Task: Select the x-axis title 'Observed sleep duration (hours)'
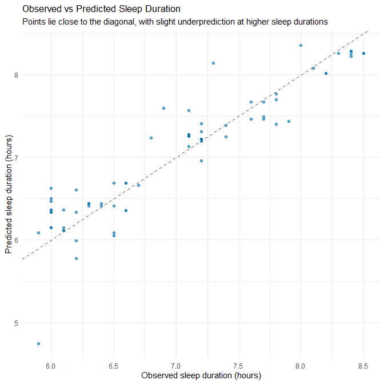coord(201,375)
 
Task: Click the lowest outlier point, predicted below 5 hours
coord(38,343)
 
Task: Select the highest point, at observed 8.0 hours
coord(301,45)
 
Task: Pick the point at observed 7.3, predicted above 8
coord(213,63)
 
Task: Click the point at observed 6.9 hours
coord(163,108)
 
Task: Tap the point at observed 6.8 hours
coord(151,138)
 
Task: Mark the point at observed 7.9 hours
coord(289,121)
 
